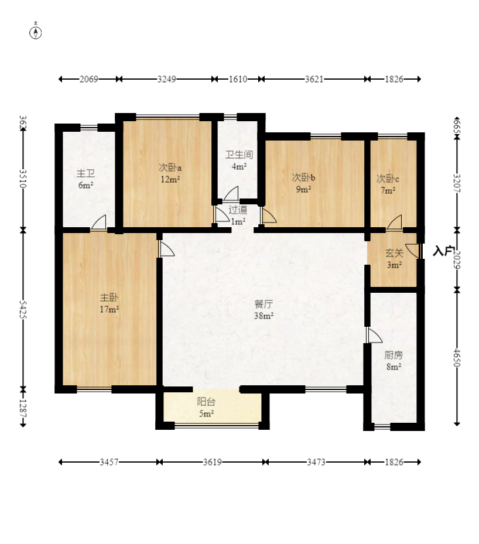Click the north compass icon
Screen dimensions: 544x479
click(x=36, y=32)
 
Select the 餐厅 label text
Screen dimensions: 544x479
click(x=264, y=304)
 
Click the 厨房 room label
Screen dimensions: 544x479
click(x=393, y=355)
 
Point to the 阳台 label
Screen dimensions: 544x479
click(x=206, y=402)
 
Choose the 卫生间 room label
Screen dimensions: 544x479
click(x=239, y=155)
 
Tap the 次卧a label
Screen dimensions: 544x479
click(x=170, y=167)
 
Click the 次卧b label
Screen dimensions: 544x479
click(x=303, y=177)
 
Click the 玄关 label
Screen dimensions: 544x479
click(x=394, y=253)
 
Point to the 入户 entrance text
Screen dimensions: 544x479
click(x=444, y=251)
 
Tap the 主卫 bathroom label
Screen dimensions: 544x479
click(x=85, y=173)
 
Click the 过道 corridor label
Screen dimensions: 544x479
click(x=237, y=209)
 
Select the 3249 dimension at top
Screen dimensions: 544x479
click(x=167, y=79)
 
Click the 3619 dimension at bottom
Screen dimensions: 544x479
click(x=212, y=462)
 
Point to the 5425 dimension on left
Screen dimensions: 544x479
click(x=23, y=309)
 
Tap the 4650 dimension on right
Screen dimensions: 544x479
click(x=457, y=357)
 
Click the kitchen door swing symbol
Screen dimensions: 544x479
click(x=373, y=336)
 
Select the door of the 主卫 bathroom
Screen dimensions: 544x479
click(x=98, y=223)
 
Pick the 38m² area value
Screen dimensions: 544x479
click(x=264, y=316)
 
